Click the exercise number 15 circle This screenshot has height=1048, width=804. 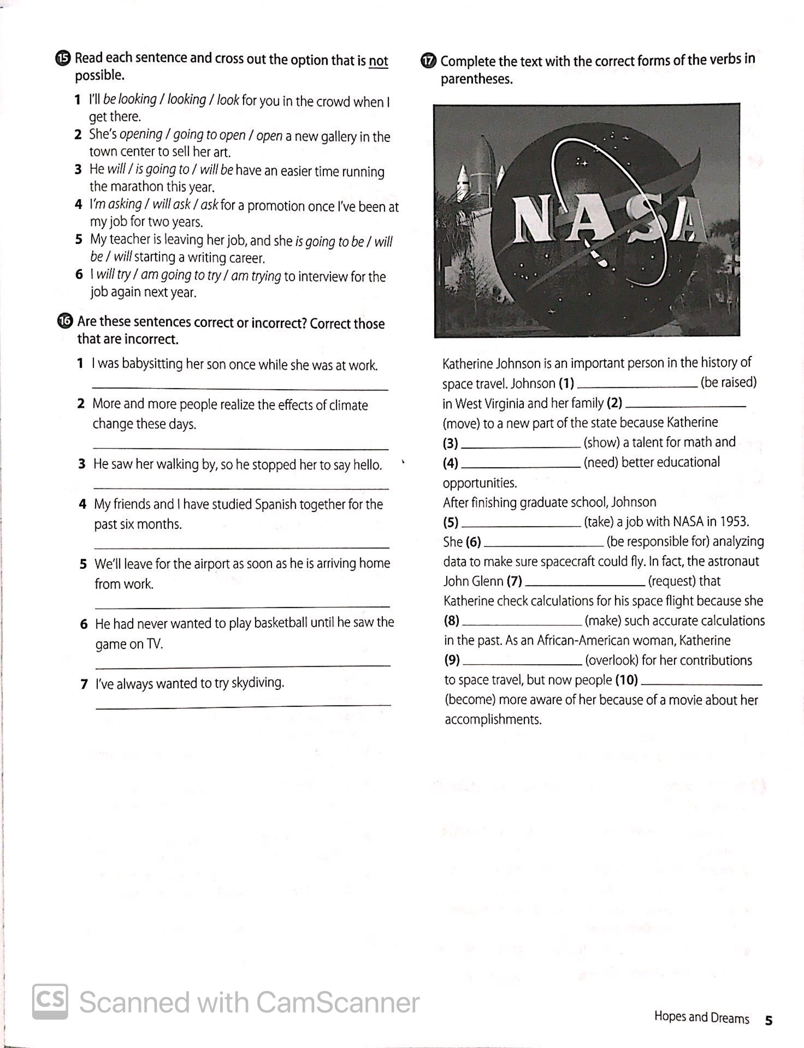63,58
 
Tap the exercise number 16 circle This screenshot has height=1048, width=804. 64,321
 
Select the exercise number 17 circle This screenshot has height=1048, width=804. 429,61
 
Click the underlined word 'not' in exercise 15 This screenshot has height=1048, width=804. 378,61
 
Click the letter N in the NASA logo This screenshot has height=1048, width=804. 532,219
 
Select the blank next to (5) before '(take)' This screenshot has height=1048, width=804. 521,524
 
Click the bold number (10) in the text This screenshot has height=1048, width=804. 626,680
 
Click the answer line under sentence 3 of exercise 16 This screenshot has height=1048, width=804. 240,487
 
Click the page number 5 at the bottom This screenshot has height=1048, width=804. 768,1020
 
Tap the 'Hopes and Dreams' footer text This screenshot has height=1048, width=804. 701,1017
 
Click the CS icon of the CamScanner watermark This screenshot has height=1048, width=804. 50,1001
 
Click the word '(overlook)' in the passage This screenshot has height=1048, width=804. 611,660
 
